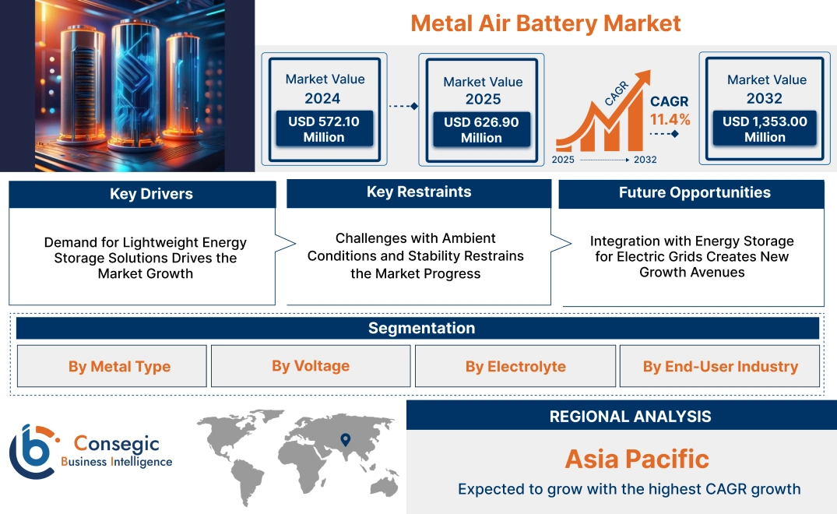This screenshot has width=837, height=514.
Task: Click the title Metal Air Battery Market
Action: [545, 23]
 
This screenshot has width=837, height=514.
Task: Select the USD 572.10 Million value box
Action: [323, 129]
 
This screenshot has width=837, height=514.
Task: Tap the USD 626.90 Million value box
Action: [481, 130]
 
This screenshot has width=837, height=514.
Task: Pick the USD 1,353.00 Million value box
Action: [765, 129]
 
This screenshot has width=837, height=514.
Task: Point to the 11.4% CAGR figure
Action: [670, 119]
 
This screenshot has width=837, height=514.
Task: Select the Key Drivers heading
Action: [151, 194]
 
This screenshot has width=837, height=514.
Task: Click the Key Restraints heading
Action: [419, 192]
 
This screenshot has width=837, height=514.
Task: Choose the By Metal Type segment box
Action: [119, 367]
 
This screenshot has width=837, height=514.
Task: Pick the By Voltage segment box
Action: [311, 366]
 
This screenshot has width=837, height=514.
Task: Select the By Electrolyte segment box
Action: [515, 367]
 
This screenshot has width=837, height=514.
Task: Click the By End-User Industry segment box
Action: [720, 367]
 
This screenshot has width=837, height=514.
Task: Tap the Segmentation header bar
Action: [421, 328]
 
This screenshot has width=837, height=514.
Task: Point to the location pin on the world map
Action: [345, 442]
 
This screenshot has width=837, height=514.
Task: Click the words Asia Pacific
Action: [637, 459]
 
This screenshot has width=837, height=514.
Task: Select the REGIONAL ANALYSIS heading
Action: [630, 417]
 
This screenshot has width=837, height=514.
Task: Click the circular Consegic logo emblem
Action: [33, 451]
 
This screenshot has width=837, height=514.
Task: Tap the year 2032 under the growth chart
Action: [645, 160]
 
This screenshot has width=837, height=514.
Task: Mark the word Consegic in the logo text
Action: [116, 444]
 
